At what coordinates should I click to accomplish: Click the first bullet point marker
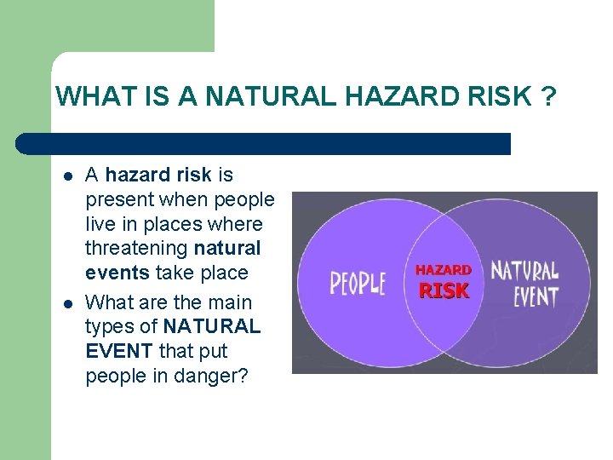tap(67, 176)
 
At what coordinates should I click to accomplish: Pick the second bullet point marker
tap(67, 303)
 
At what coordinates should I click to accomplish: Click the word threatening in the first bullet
tap(137, 249)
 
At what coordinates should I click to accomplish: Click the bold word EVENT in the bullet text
tap(117, 351)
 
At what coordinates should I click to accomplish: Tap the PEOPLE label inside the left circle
tap(358, 283)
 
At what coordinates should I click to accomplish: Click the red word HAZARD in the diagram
tap(443, 270)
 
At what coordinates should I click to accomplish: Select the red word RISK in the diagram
tap(444, 290)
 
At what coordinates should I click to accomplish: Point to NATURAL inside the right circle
tap(524, 272)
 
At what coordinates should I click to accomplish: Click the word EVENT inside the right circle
tap(536, 296)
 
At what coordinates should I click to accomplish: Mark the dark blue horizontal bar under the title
tap(264, 143)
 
